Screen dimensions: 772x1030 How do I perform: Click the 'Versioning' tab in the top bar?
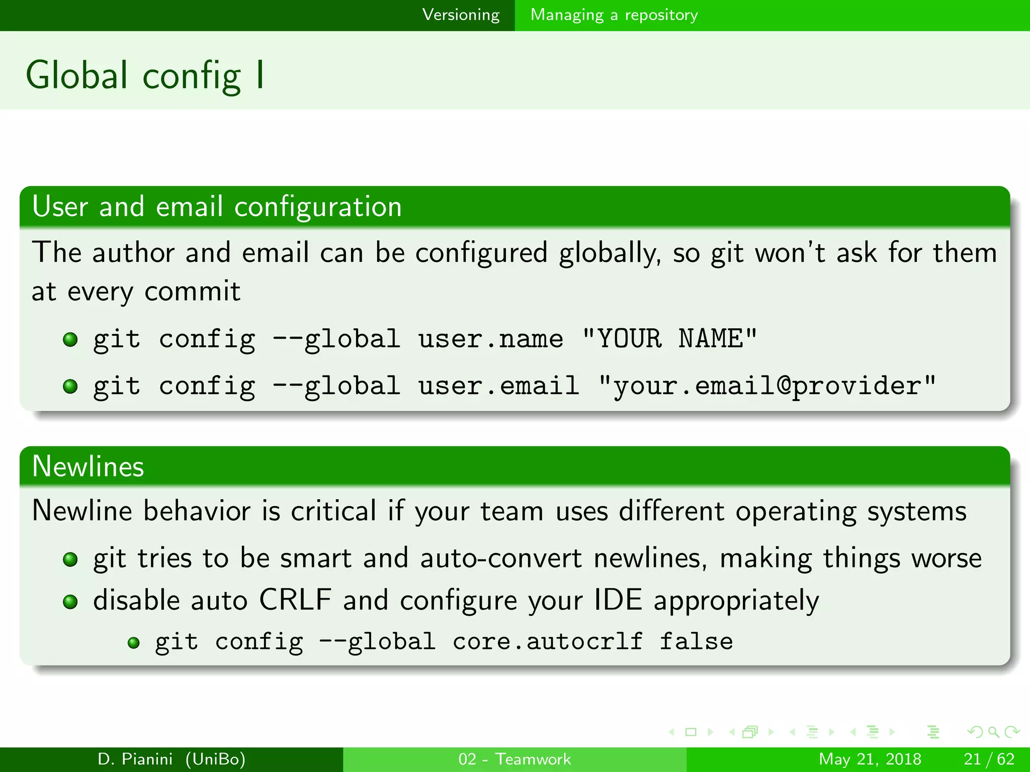click(461, 15)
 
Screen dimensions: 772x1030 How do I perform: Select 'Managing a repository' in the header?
click(614, 15)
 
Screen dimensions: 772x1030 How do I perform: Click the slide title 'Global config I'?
click(145, 75)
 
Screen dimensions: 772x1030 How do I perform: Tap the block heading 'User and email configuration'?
click(217, 207)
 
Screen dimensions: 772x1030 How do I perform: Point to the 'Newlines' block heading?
click(88, 466)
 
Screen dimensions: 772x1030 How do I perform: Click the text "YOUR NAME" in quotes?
click(669, 339)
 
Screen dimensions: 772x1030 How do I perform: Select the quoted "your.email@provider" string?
click(767, 386)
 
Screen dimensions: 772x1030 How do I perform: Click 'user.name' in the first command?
click(490, 339)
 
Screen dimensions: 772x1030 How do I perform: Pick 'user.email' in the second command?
click(498, 386)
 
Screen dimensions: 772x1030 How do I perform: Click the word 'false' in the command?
click(696, 642)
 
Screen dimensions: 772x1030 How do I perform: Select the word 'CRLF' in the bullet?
click(295, 600)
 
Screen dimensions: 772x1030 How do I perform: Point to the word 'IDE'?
click(618, 600)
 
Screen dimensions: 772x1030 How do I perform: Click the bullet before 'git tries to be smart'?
click(70, 559)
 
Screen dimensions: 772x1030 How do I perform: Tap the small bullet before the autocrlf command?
click(133, 643)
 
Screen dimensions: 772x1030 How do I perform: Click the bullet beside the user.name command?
click(70, 340)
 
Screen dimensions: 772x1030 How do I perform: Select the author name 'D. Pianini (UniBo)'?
click(171, 759)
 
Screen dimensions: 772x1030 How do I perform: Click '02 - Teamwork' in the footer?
click(514, 759)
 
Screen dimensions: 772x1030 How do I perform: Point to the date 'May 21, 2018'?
click(870, 759)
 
